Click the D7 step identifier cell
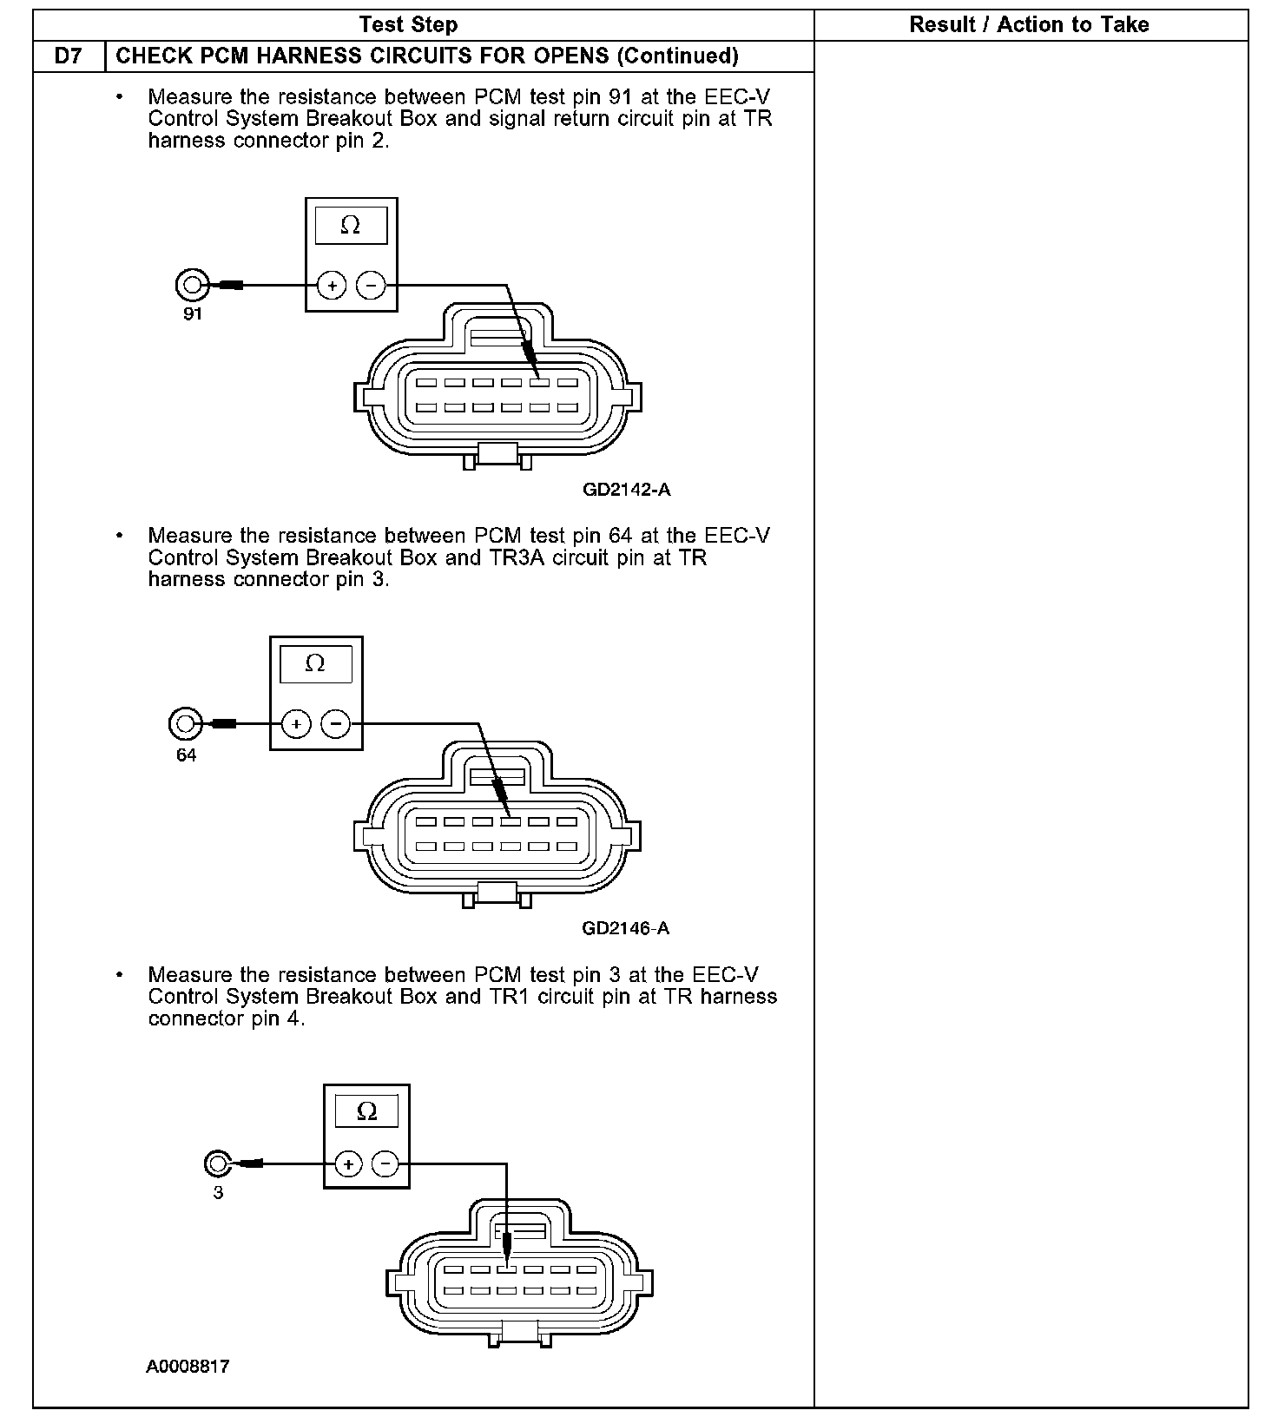69,56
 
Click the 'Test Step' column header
408,24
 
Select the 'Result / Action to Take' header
1029,24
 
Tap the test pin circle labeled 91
192,284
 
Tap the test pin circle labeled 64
184,723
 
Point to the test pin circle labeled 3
217,1163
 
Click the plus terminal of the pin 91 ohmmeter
332,285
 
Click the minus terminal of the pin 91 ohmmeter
371,285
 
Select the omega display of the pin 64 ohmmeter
315,664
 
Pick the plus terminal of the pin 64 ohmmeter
296,723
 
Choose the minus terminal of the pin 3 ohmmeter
386,1163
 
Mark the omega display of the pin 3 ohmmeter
366,1111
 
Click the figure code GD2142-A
626,490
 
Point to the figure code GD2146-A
625,928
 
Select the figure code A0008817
188,1367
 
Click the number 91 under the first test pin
192,314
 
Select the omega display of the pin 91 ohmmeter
351,226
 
